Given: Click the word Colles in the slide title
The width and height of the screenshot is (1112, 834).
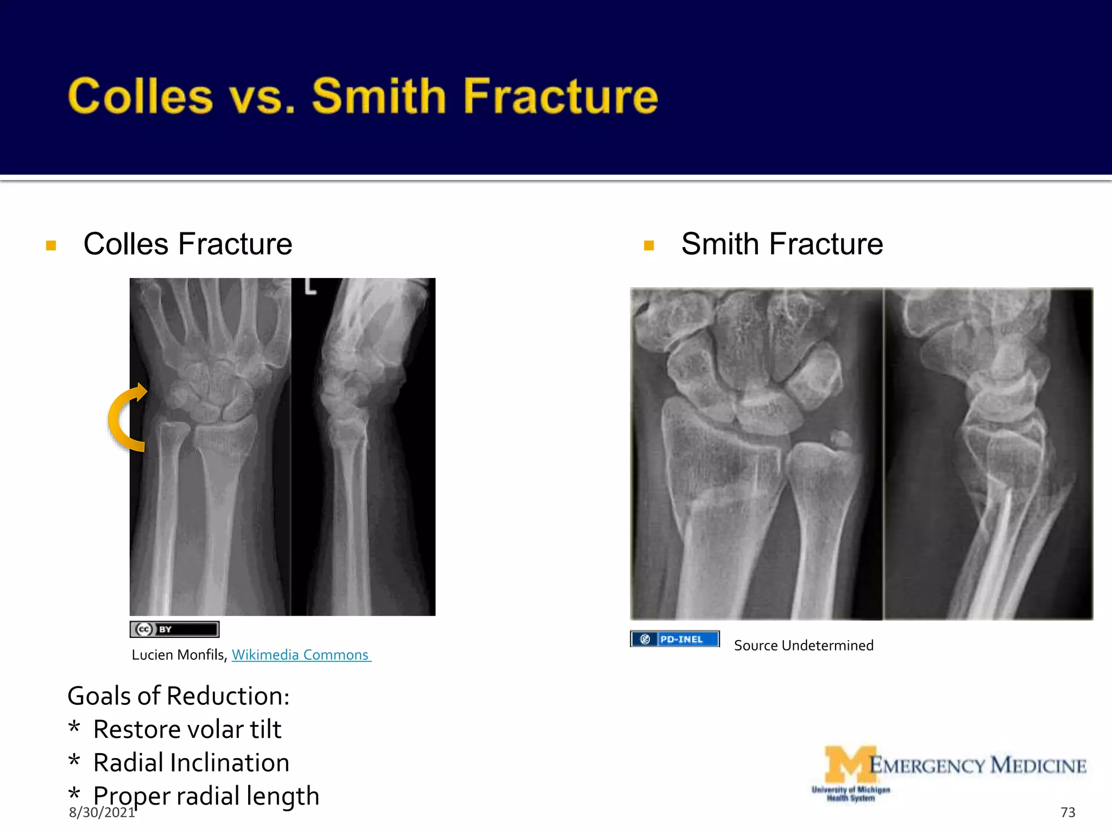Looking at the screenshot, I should pos(140,96).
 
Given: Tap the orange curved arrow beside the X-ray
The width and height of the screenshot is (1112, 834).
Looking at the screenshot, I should pos(126,418).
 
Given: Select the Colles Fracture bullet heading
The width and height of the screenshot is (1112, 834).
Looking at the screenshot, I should pos(187,244).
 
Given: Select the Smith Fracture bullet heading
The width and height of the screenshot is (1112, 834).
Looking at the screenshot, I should pos(781,244).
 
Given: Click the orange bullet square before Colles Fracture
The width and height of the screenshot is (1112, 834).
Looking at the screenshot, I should pos(51,245).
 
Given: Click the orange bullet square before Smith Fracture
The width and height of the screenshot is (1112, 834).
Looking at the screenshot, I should pos(648,245).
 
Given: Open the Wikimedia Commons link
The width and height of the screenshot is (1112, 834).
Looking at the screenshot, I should pos(300,655).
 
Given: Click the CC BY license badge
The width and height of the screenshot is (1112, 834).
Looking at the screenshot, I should pos(174,629).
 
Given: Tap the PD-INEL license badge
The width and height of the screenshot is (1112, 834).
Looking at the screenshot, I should pos(675,639).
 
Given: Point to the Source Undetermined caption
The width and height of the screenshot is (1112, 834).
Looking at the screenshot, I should pos(804,646).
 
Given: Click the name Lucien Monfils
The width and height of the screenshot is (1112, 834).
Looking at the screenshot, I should pos(179,655).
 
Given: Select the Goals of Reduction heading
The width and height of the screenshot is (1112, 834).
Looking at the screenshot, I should pos(179,696).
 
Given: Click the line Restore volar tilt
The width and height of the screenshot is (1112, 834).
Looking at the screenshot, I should pos(187,729).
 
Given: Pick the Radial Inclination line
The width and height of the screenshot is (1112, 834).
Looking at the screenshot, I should pos(191,763).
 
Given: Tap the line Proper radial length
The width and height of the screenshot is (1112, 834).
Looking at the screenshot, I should pos(206,796).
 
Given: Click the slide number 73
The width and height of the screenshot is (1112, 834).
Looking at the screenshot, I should pos(1067,812).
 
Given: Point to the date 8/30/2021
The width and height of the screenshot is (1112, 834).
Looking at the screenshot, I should pos(102,813).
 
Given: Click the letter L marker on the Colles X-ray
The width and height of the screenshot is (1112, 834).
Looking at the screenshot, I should pos(310,286).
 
